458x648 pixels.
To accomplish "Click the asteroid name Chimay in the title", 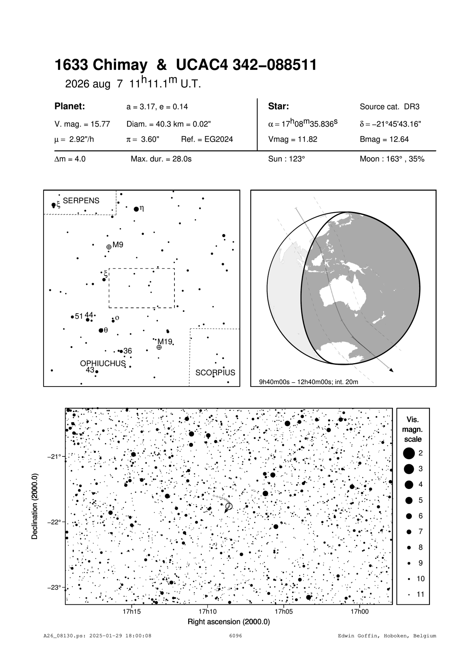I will [x=119, y=65].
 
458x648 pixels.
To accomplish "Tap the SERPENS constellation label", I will [x=81, y=201].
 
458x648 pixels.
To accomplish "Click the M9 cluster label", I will [x=118, y=244].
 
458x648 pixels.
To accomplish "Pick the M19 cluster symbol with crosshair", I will [x=159, y=347].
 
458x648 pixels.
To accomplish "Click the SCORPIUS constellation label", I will [x=215, y=373].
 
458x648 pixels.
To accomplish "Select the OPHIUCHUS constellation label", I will [x=103, y=364].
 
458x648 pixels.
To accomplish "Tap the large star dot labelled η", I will [x=136, y=209].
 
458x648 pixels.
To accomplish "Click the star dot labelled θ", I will [x=101, y=330].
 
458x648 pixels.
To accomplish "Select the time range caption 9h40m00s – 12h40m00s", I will [x=309, y=382].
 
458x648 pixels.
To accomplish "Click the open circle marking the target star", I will [x=229, y=506].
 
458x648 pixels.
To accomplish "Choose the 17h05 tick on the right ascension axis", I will [x=284, y=611].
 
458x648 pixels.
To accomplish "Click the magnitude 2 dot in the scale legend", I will [x=408, y=453].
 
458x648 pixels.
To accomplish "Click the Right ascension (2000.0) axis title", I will [x=229, y=622].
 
